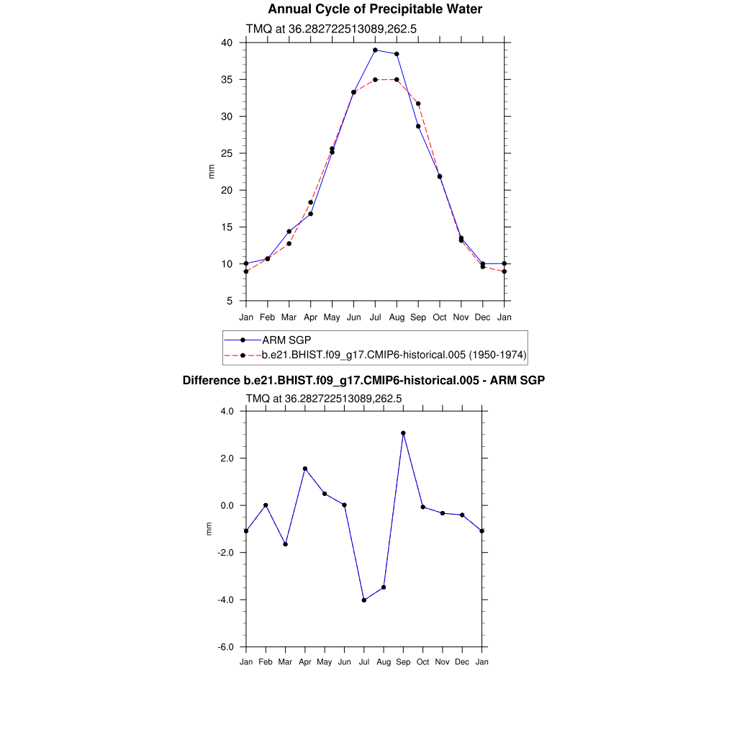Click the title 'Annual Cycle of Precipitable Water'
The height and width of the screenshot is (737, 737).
[x=375, y=9]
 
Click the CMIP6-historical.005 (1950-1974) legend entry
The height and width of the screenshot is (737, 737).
[x=394, y=355]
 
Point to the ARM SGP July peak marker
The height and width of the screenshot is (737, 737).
[x=375, y=50]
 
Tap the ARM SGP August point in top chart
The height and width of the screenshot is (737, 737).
[x=397, y=54]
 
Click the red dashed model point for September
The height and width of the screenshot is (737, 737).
[x=418, y=104]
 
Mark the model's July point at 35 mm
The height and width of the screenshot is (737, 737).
[x=375, y=79]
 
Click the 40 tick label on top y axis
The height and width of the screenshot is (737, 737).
[x=227, y=43]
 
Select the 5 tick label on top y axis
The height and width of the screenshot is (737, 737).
[x=230, y=301]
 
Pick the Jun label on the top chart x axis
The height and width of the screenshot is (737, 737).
[x=353, y=317]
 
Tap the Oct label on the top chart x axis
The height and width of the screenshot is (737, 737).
[x=440, y=317]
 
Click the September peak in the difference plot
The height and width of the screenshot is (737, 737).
[x=403, y=433]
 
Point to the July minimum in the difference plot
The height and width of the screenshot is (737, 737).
[x=364, y=600]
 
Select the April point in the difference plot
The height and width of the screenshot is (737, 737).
[x=305, y=469]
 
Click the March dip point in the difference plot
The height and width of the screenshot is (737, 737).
[x=285, y=544]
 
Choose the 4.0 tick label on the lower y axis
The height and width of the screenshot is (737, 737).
[x=228, y=412]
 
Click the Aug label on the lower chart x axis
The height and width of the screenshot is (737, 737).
[x=384, y=662]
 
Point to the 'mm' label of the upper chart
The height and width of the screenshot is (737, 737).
[x=211, y=172]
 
